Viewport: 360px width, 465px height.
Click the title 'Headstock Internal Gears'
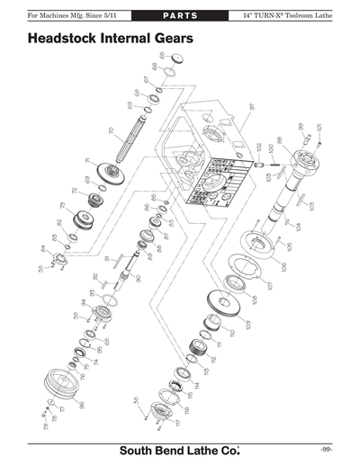click(110, 40)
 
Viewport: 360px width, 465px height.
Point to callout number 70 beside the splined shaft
click(111, 132)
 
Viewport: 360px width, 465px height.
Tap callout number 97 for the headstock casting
click(253, 106)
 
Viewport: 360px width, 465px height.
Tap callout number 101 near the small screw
click(319, 128)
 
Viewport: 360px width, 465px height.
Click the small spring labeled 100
click(265, 163)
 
